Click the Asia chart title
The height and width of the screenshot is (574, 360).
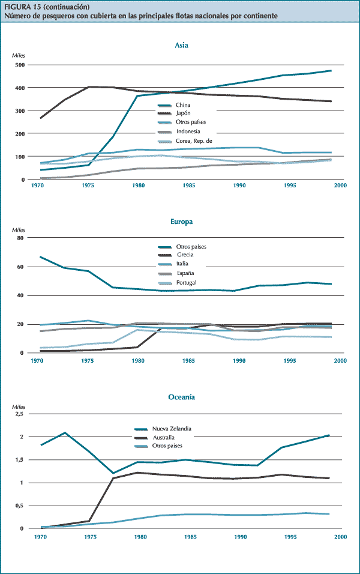pyautogui.click(x=182, y=45)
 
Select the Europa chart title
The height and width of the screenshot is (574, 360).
pyautogui.click(x=182, y=222)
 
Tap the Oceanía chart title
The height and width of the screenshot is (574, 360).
pyautogui.click(x=182, y=397)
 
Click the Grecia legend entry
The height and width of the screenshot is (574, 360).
pyautogui.click(x=185, y=255)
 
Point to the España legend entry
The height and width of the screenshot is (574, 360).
pyautogui.click(x=185, y=273)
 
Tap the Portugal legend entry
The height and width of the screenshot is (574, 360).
pyautogui.click(x=187, y=282)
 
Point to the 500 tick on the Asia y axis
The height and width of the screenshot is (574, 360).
pyautogui.click(x=20, y=64)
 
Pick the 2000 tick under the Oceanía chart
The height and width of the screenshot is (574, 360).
pyautogui.click(x=340, y=536)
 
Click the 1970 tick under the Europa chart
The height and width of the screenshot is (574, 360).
pyautogui.click(x=38, y=361)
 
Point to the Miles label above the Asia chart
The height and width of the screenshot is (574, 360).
pyautogui.click(x=20, y=55)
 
